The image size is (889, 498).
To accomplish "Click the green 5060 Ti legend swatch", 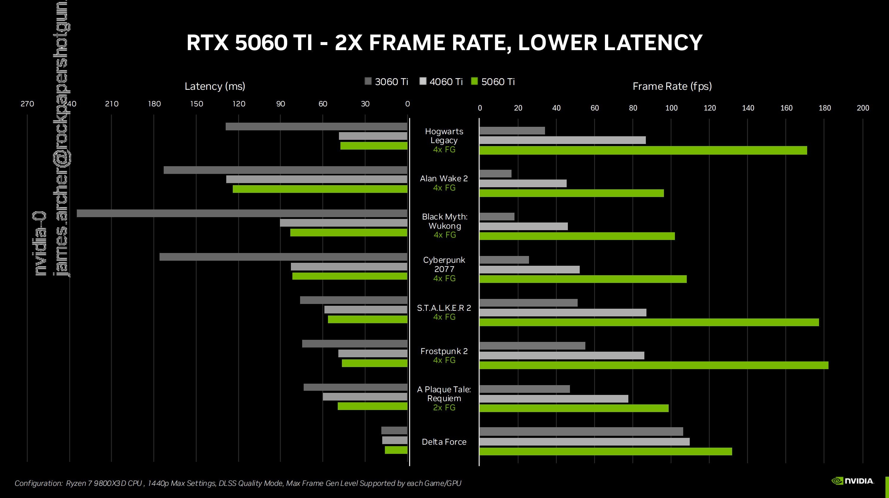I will pos(474,81).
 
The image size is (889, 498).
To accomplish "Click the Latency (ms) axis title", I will pos(215,86).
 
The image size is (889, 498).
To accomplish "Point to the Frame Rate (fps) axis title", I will pos(672,86).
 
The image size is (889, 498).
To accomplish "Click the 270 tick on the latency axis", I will pos(27,104).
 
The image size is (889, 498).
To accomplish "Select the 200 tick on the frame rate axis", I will pos(862,108).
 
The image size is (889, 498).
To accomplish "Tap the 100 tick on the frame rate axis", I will pos(671,108).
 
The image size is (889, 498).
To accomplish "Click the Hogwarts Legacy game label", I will pos(444,136).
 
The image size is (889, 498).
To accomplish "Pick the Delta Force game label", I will pos(444,442).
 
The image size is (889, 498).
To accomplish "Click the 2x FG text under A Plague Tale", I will pos(444,408).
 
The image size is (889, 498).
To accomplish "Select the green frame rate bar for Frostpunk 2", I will pos(654,365).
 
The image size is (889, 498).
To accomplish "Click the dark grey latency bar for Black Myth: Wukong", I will pos(242,213).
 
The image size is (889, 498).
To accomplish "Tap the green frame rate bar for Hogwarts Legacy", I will pos(643,150).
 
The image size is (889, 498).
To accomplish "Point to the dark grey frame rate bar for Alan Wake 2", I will pos(495,174).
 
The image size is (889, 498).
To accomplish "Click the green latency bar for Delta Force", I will pos(396,450).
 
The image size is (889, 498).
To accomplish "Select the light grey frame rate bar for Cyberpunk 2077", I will pos(529,270).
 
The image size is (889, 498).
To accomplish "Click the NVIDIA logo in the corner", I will pos(853,481).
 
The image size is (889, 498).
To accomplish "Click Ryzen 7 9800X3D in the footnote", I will pos(103,483).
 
